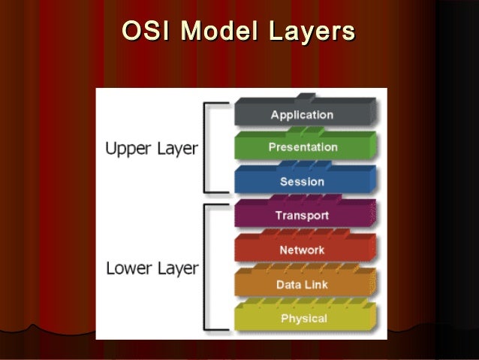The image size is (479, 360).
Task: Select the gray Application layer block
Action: click(x=303, y=113)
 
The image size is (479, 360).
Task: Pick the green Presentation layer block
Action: click(x=303, y=147)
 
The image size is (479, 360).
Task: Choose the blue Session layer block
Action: click(x=303, y=180)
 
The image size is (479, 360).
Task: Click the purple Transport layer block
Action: click(x=303, y=215)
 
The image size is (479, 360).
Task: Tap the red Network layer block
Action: click(x=303, y=249)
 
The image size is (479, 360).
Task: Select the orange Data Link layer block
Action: click(x=303, y=283)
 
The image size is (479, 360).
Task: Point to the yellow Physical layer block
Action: click(x=303, y=318)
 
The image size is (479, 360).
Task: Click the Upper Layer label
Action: click(x=151, y=149)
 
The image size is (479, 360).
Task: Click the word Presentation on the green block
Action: click(x=303, y=147)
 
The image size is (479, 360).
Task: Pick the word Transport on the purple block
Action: click(x=302, y=216)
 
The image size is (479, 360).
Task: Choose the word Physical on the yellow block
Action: click(x=303, y=319)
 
